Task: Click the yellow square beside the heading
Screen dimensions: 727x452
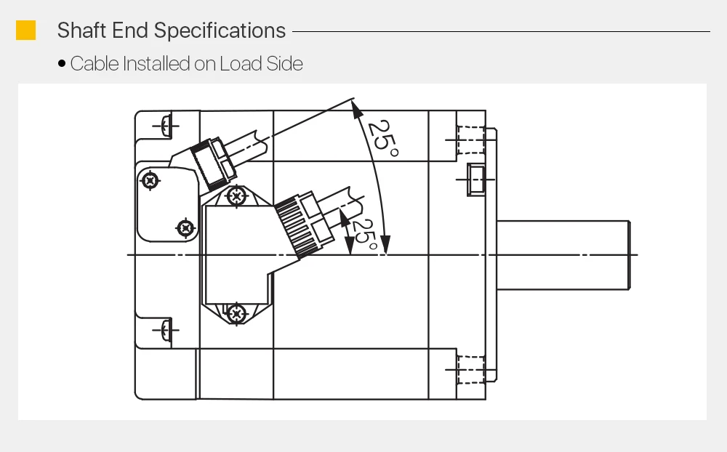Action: (x=26, y=30)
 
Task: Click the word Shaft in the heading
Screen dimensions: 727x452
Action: (x=82, y=30)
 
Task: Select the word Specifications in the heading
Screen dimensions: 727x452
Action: (x=220, y=31)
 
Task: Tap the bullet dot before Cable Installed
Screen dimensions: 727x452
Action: (x=62, y=63)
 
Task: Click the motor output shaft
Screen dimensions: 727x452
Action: (x=563, y=255)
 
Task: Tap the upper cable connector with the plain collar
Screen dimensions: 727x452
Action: (x=213, y=163)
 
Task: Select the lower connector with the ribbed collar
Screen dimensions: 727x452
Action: (x=304, y=224)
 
